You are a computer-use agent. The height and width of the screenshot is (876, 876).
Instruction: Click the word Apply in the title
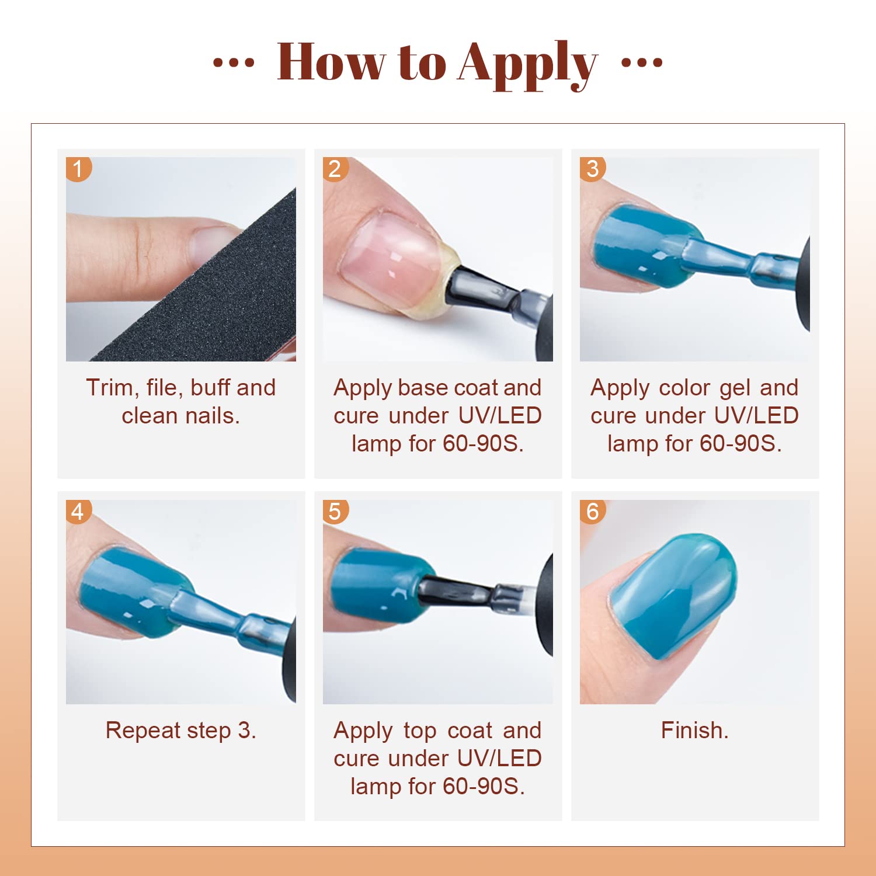click(528, 64)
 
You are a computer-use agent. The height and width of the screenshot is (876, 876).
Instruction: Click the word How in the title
click(332, 61)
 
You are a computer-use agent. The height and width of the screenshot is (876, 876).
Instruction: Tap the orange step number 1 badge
click(78, 169)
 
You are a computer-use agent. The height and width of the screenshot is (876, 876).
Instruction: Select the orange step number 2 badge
click(335, 169)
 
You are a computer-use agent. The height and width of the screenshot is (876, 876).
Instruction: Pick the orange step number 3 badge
click(592, 169)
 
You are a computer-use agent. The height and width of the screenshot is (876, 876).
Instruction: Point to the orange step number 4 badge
click(78, 512)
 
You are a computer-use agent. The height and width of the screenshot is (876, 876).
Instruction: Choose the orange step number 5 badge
click(335, 512)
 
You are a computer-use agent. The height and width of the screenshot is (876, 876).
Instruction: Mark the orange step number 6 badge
click(592, 512)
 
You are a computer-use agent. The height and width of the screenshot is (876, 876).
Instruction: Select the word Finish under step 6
click(694, 730)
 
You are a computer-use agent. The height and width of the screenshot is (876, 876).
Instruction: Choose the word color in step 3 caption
click(683, 388)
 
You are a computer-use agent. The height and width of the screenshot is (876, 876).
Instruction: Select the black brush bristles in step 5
click(453, 591)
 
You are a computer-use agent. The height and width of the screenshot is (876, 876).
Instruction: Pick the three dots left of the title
click(234, 62)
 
